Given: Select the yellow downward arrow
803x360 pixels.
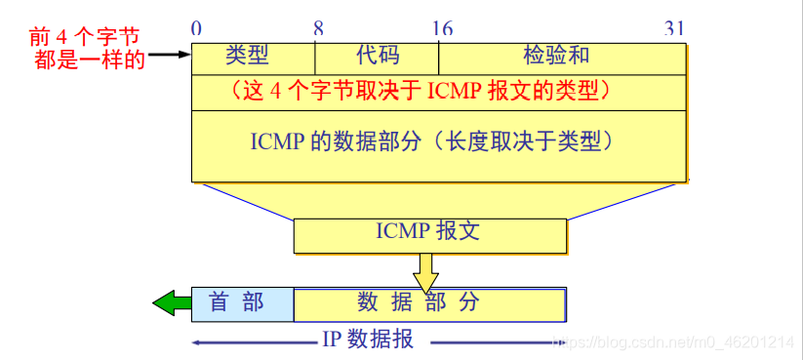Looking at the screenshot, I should click(x=425, y=270).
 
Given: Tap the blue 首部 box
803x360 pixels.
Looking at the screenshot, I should click(x=242, y=303).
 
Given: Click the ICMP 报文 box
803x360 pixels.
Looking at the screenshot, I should click(x=429, y=233).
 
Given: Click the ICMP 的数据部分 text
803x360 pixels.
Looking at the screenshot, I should click(x=430, y=141).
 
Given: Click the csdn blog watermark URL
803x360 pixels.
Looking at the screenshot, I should click(x=673, y=341).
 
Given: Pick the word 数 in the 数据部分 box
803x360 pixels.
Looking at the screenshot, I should click(x=368, y=302).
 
